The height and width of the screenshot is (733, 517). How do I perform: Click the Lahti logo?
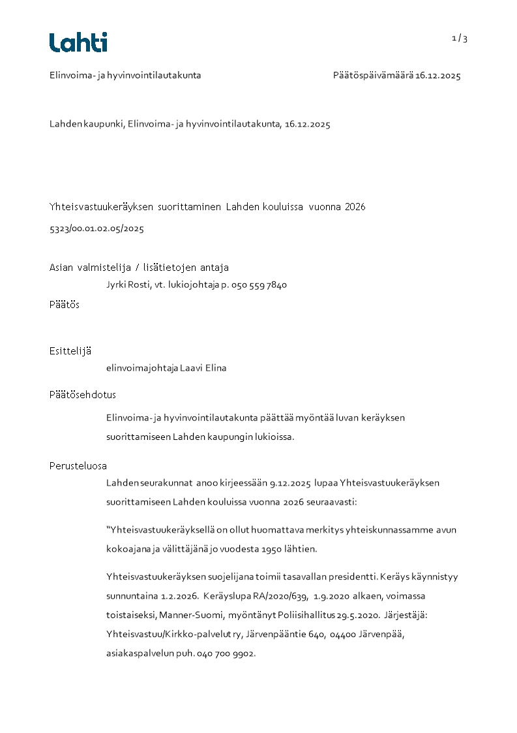pyautogui.click(x=78, y=42)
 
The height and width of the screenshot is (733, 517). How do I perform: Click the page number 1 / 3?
pyautogui.click(x=460, y=39)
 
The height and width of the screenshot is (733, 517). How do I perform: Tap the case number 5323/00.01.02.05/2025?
pyautogui.click(x=96, y=229)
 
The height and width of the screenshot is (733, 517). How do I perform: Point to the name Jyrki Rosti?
pyautogui.click(x=127, y=285)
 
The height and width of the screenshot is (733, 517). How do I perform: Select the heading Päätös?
pyautogui.click(x=65, y=305)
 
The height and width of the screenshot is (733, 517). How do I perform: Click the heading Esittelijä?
pyautogui.click(x=70, y=351)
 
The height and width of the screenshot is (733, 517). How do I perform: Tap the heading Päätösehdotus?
pyautogui.click(x=83, y=395)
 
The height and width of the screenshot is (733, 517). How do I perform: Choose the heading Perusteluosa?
pyautogui.click(x=78, y=466)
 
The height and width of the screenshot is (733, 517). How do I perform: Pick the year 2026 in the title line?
pyautogui.click(x=355, y=207)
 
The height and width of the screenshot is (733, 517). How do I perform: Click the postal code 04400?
pyautogui.click(x=342, y=634)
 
